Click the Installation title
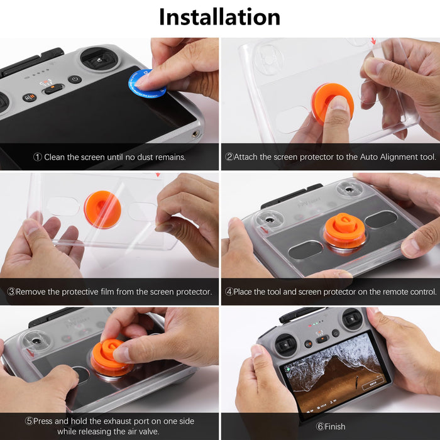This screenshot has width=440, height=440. click(219, 17)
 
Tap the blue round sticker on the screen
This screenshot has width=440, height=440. click(146, 84)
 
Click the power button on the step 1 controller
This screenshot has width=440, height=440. click(75, 79)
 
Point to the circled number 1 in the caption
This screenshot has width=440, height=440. click(38, 157)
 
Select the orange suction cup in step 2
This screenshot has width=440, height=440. click(333, 103)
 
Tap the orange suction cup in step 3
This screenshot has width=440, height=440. click(102, 209)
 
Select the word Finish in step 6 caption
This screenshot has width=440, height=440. click(335, 427)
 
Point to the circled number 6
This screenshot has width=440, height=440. click(320, 427)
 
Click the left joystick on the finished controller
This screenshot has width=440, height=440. click(285, 344)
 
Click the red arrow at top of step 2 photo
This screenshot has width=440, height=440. click(373, 41)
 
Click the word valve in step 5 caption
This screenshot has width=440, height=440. click(148, 431)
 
